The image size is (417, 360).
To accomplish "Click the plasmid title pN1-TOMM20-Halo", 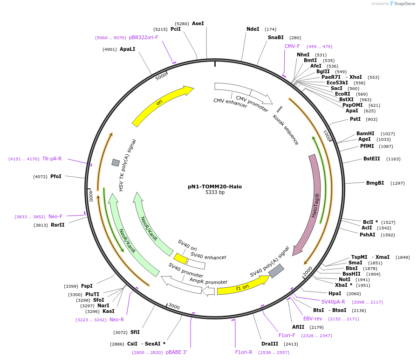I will coord(215,187).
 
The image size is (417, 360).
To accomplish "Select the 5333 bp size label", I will coord(215,192).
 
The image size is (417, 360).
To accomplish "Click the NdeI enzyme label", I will coord(253,29).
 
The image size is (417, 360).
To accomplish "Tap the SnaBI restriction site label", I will coord(275,37).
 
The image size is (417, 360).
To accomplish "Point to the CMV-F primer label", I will coord(292,46).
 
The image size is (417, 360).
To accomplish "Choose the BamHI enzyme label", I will coord(365,133).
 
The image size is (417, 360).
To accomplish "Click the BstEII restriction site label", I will coord(371,159).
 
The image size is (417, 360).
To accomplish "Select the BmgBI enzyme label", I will coord(375,183).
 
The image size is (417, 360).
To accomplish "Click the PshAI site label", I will coord(367,235).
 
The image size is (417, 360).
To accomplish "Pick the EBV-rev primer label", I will coord(313,318).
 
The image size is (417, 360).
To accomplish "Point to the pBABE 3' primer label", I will coord(176,352).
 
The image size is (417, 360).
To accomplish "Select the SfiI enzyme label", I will coord(135,332).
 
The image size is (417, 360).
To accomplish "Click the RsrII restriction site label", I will coord(58,225).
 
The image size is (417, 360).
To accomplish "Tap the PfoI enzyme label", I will coord(56,176).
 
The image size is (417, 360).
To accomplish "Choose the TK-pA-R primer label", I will coord(52,159).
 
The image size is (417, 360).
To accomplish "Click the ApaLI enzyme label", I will coord(127,49).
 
